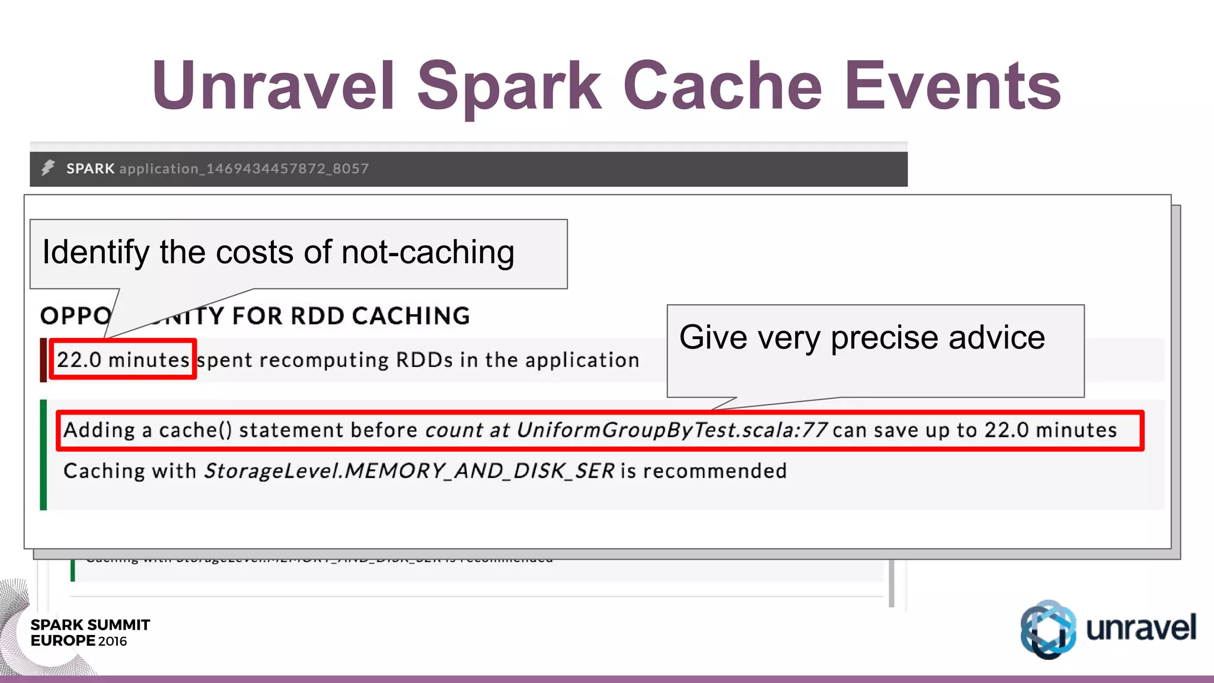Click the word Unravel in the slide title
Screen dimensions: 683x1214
point(273,86)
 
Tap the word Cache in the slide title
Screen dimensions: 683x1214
point(722,86)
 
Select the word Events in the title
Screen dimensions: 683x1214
point(952,86)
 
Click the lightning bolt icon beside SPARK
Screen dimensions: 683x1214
point(48,168)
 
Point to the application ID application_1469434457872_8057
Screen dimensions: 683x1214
point(244,169)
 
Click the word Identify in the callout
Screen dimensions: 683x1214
point(95,253)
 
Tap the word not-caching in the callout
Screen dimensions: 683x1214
point(427,253)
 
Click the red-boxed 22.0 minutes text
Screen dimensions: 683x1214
point(123,360)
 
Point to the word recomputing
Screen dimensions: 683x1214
point(324,360)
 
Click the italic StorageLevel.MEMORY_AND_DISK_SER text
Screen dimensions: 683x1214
point(409,471)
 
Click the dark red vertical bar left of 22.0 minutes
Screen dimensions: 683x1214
point(43,360)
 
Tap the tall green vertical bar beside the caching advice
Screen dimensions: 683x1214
point(43,455)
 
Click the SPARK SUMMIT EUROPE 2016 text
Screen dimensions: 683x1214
point(90,633)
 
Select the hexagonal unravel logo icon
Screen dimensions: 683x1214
point(1047,629)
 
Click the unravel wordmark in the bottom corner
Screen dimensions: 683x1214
point(1140,628)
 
